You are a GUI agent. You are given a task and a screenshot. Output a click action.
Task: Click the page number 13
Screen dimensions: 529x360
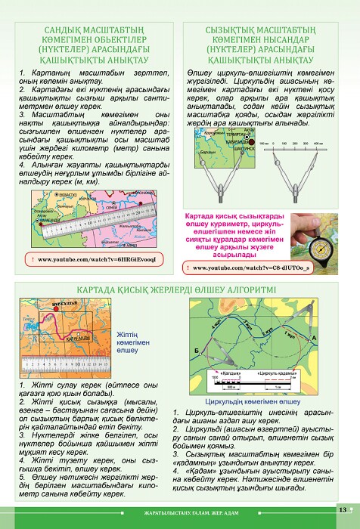(x=342, y=509)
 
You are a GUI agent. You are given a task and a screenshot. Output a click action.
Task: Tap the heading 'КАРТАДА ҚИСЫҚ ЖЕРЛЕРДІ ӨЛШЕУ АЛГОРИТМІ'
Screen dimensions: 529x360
(x=180, y=289)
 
